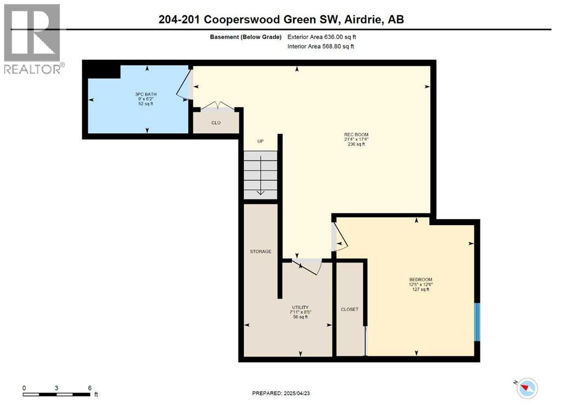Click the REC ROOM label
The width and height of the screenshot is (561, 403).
(x=356, y=135)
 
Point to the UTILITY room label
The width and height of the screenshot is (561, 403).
(x=300, y=307)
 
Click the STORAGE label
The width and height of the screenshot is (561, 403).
(x=260, y=251)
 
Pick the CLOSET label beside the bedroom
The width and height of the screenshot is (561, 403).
(x=350, y=309)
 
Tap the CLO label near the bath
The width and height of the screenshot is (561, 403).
(x=216, y=123)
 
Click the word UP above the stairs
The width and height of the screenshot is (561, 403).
(x=261, y=141)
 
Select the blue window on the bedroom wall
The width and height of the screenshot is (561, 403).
(x=477, y=321)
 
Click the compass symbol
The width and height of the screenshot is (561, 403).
(x=528, y=387)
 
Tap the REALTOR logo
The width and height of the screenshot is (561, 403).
(x=32, y=38)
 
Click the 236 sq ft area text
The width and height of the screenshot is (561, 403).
(x=356, y=145)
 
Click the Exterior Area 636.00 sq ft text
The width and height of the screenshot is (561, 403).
(x=324, y=37)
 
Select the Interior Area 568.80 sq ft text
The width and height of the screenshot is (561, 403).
(x=320, y=47)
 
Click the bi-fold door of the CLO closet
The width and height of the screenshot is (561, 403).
(x=217, y=105)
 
